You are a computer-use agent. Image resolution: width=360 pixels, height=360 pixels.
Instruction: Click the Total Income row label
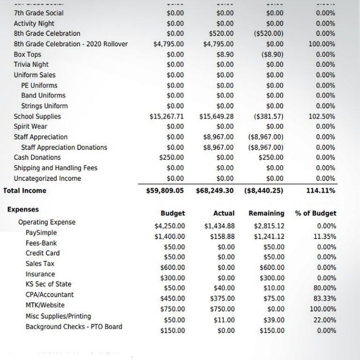pyautogui.click(x=24, y=191)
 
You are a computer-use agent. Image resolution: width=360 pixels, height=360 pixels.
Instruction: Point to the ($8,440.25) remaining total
pyautogui.click(x=263, y=191)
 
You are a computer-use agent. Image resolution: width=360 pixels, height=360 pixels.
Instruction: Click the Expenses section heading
pyautogui.click(x=23, y=210)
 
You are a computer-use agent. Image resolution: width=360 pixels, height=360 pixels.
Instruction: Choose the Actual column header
pyautogui.click(x=224, y=213)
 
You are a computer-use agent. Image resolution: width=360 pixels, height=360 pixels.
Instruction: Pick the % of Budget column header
pyautogui.click(x=315, y=213)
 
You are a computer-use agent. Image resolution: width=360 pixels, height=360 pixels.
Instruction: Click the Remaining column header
pyautogui.click(x=266, y=213)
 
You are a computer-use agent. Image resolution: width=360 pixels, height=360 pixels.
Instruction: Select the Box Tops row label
pyautogui.click(x=28, y=54)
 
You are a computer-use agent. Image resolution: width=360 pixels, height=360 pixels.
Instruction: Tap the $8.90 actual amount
pyautogui.click(x=225, y=54)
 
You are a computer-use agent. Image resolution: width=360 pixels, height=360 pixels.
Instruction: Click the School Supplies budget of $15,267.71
pyautogui.click(x=166, y=116)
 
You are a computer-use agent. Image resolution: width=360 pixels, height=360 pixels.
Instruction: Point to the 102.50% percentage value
pyautogui.click(x=322, y=116)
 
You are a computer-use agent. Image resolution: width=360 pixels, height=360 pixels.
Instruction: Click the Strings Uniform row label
pyautogui.click(x=44, y=106)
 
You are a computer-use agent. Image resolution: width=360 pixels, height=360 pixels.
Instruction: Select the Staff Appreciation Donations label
pyautogui.click(x=64, y=147)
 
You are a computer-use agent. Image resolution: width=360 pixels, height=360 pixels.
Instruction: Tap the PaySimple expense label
pyautogui.click(x=41, y=232)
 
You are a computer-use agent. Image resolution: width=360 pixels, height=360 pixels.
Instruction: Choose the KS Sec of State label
pyautogui.click(x=48, y=284)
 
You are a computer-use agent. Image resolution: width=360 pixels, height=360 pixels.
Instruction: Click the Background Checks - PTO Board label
pyautogui.click(x=74, y=326)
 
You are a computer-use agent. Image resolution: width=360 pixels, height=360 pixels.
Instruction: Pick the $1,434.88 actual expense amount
pyautogui.click(x=219, y=226)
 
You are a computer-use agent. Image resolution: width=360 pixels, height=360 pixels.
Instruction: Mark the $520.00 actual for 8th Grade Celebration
pyautogui.click(x=222, y=34)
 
